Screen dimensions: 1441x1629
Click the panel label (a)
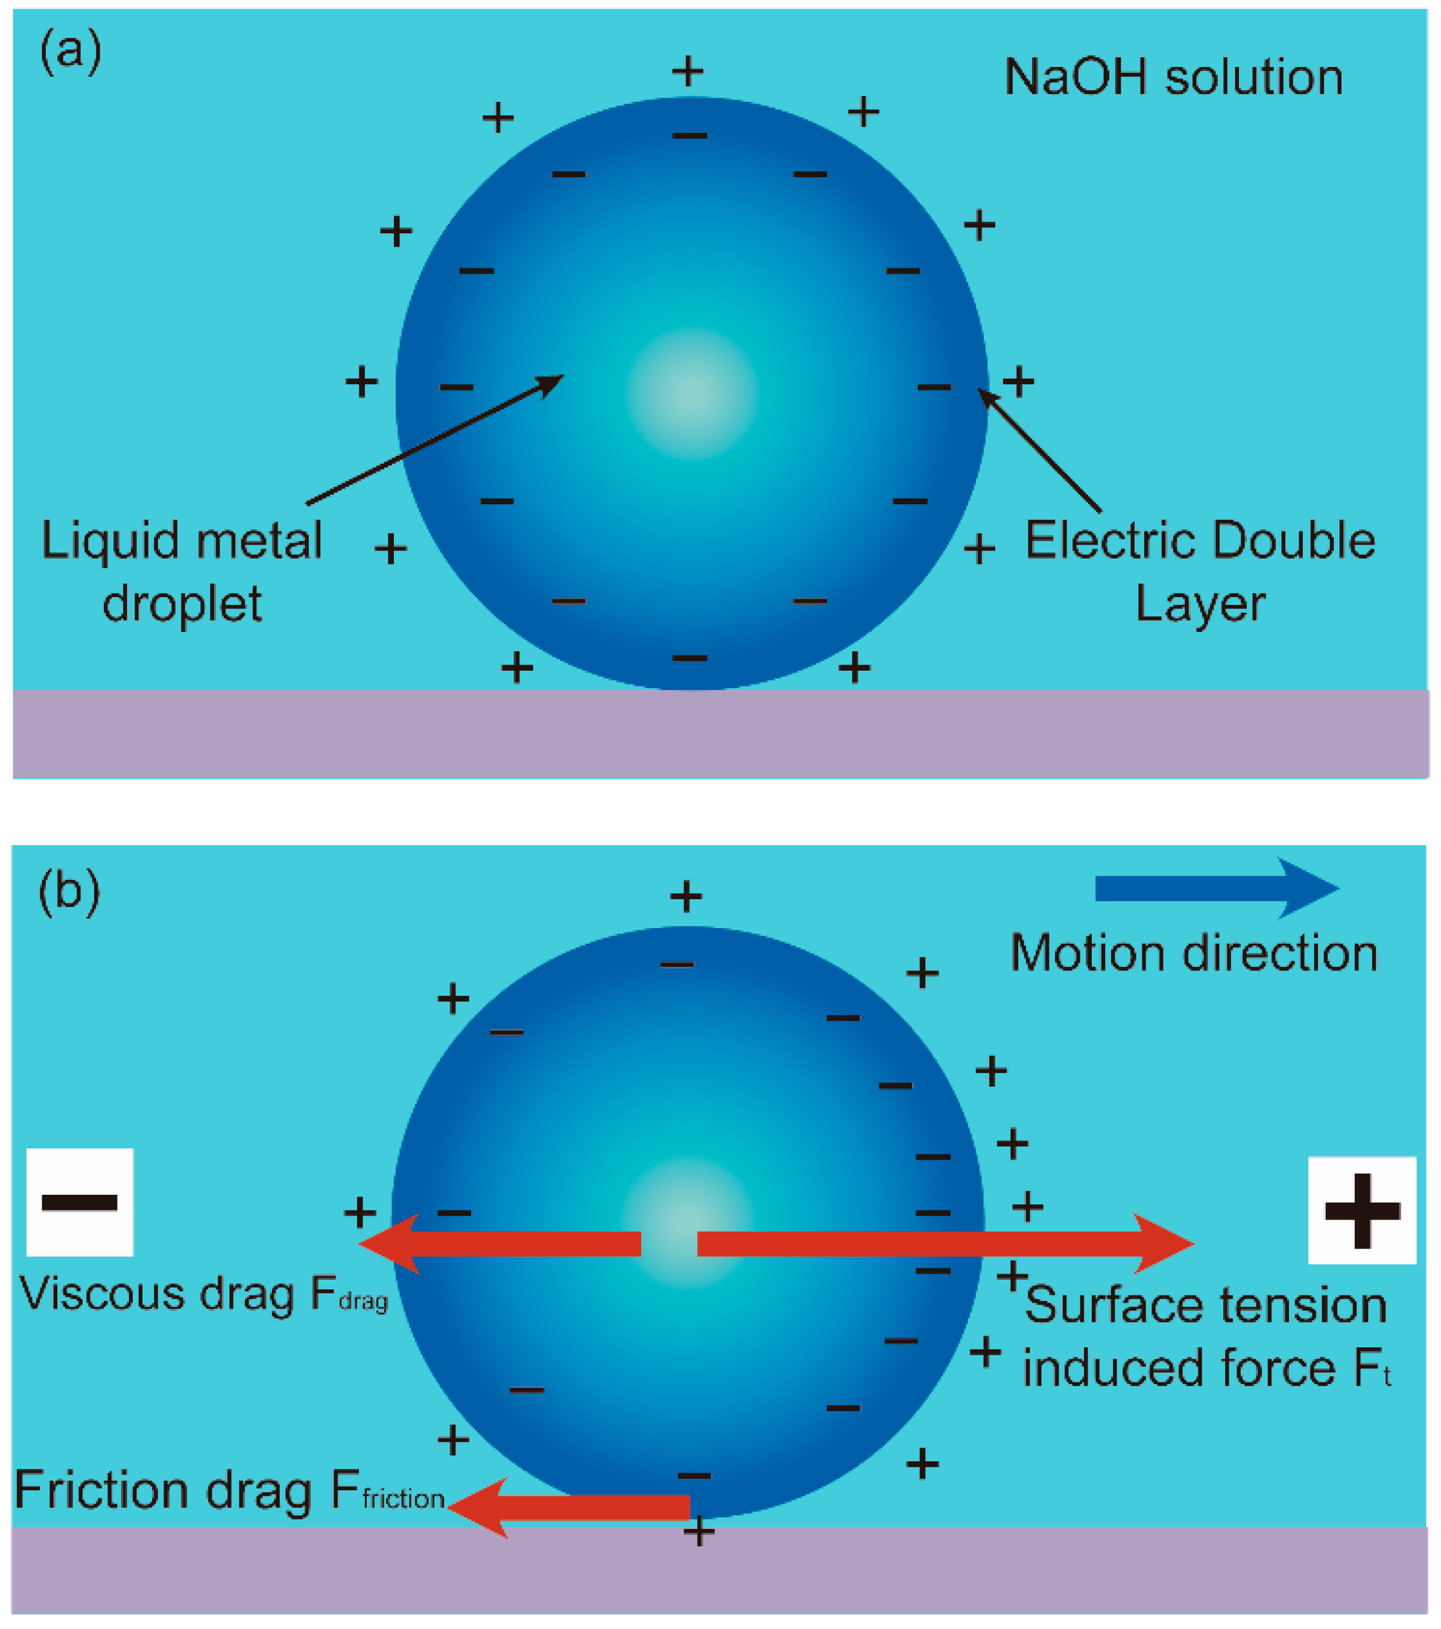point(70,51)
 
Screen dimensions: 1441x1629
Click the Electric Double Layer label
point(1200,571)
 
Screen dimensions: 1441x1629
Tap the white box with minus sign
point(80,1203)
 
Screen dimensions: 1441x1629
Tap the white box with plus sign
point(1361,1210)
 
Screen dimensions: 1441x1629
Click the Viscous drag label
point(203,1292)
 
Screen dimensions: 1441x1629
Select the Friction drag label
point(229,1490)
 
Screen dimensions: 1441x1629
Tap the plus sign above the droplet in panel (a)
point(688,71)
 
